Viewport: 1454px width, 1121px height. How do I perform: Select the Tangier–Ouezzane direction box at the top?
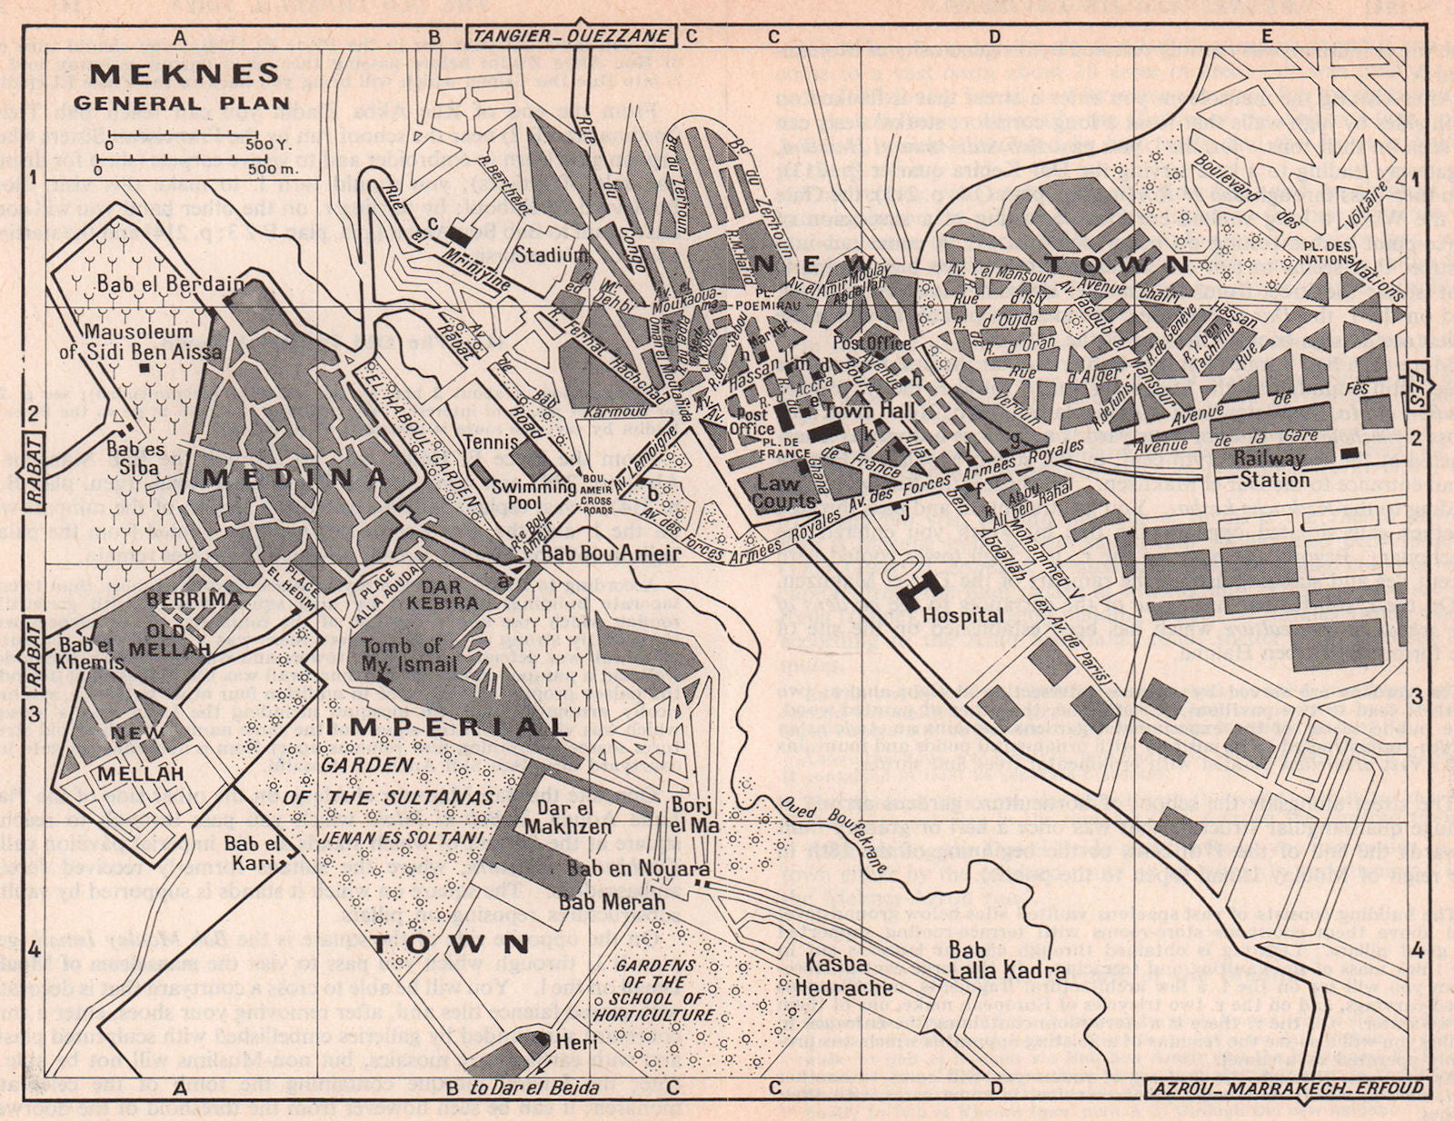(x=571, y=36)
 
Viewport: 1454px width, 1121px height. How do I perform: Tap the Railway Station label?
(x=1270, y=469)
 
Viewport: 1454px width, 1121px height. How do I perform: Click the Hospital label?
(x=962, y=616)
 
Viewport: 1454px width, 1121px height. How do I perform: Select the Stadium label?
(x=552, y=255)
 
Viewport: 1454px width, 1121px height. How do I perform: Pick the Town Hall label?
(x=861, y=411)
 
